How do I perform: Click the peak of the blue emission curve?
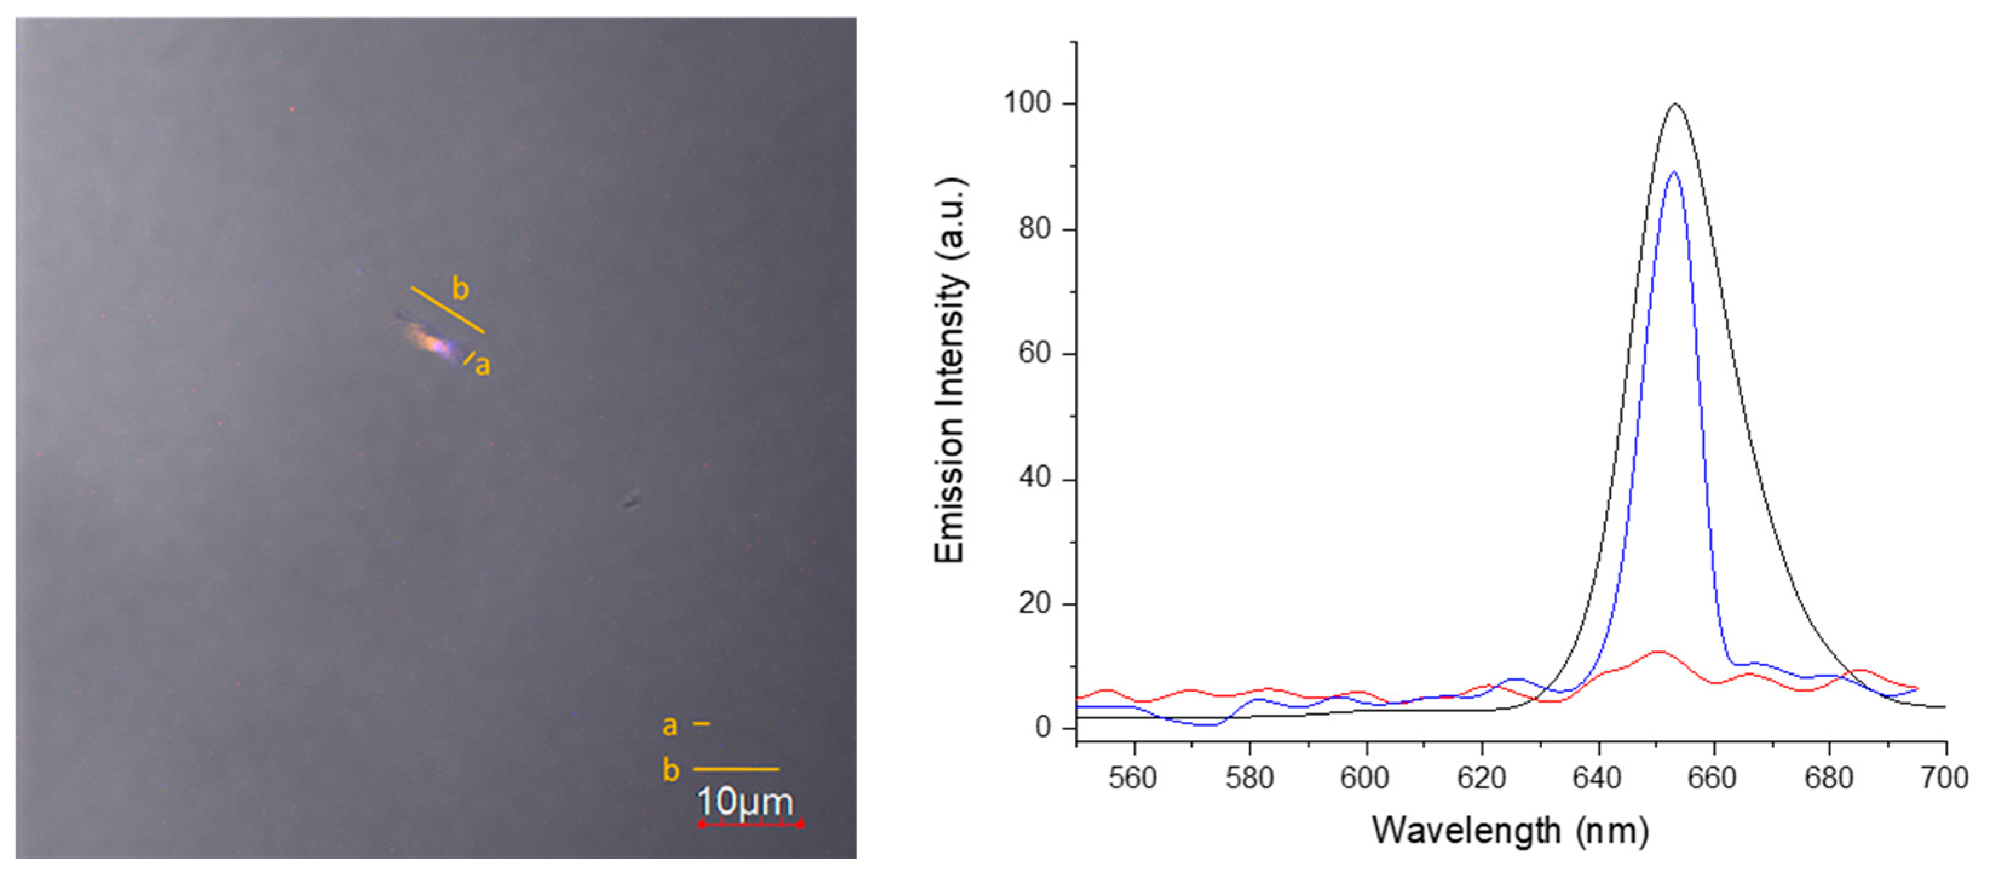[1674, 172]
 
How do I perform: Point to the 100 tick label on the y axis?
[1027, 103]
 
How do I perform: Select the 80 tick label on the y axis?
[1035, 229]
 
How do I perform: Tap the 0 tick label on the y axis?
[1044, 728]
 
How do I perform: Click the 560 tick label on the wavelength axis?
[1133, 778]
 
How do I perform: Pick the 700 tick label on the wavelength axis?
[1945, 778]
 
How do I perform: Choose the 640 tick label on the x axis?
[1597, 778]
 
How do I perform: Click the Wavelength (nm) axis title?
[1510, 831]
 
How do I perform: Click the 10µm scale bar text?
[745, 802]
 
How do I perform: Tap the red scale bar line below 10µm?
[750, 824]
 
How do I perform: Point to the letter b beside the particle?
[460, 289]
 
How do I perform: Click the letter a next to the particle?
[483, 365]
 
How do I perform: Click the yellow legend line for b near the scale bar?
[736, 769]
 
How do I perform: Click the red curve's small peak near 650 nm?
[1657, 652]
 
